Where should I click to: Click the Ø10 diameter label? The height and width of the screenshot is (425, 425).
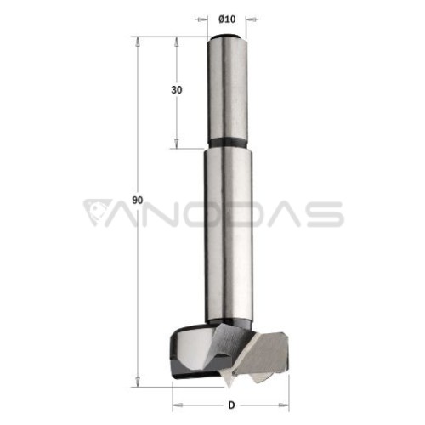[x=227, y=20]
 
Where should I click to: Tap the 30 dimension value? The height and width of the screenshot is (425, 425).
[x=177, y=90]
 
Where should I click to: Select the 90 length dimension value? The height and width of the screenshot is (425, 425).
[x=138, y=201]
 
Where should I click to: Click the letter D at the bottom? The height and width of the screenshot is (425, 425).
[x=231, y=405]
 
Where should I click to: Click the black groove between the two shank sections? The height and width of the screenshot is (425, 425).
[x=227, y=143]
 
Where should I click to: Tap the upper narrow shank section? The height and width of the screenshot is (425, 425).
[x=227, y=88]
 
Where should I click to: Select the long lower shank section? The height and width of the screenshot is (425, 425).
[x=228, y=235]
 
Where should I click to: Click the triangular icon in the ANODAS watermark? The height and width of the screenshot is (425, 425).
[x=97, y=212]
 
